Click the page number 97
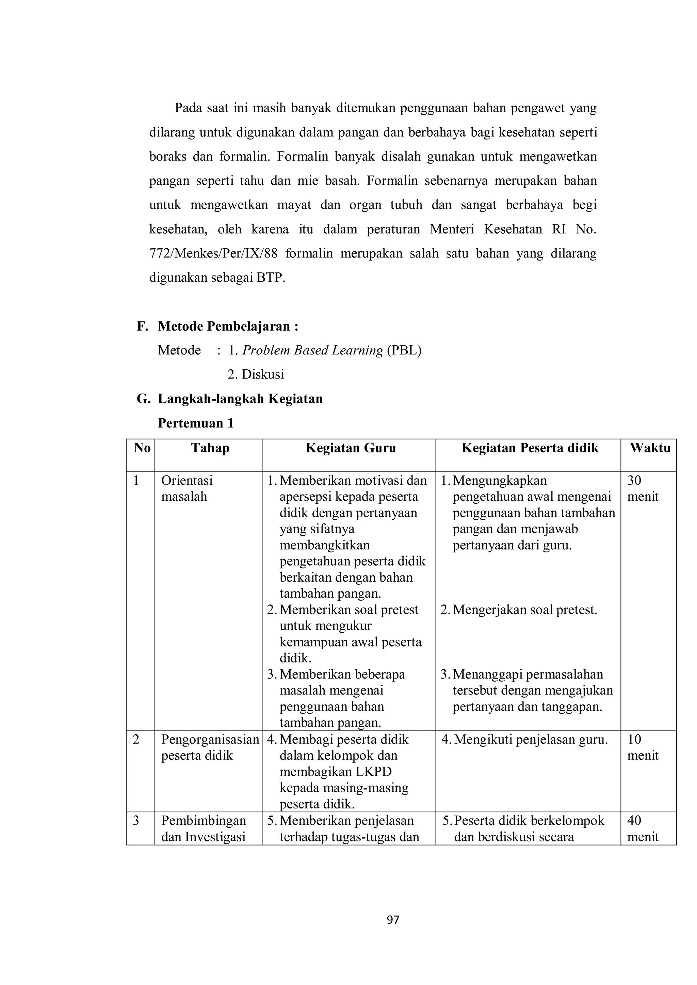[x=393, y=919]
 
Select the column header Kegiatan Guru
[x=351, y=448]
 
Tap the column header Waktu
[x=650, y=448]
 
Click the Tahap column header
[x=210, y=448]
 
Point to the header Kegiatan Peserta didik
[x=530, y=448]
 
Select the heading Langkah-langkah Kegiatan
[x=240, y=399]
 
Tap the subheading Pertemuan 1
[x=196, y=423]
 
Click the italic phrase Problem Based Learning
[x=312, y=351]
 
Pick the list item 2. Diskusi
[x=256, y=374]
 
